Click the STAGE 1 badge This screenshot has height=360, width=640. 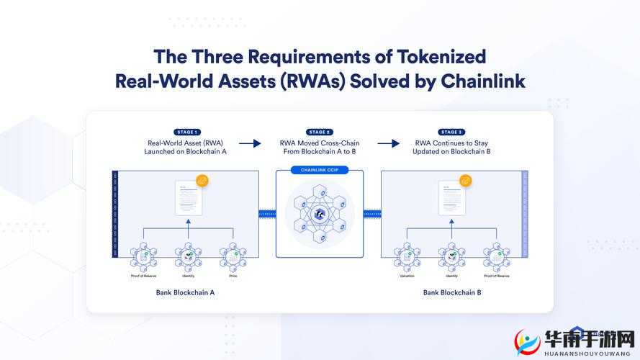point(186,132)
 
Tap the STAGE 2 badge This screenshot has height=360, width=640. point(319,132)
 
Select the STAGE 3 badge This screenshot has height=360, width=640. point(451,132)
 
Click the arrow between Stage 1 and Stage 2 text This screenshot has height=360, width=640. point(250,143)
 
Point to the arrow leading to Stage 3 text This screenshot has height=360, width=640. point(388,143)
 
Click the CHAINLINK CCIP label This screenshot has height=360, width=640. point(319,171)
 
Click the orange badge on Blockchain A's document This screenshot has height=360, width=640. point(202,181)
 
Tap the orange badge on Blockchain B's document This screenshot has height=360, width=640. point(467,181)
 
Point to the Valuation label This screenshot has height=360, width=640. point(407,276)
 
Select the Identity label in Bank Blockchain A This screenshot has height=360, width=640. point(188,276)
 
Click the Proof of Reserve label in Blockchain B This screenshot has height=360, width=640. point(497,276)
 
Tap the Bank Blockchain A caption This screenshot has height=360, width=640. point(185,293)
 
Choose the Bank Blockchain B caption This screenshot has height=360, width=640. point(451,293)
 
